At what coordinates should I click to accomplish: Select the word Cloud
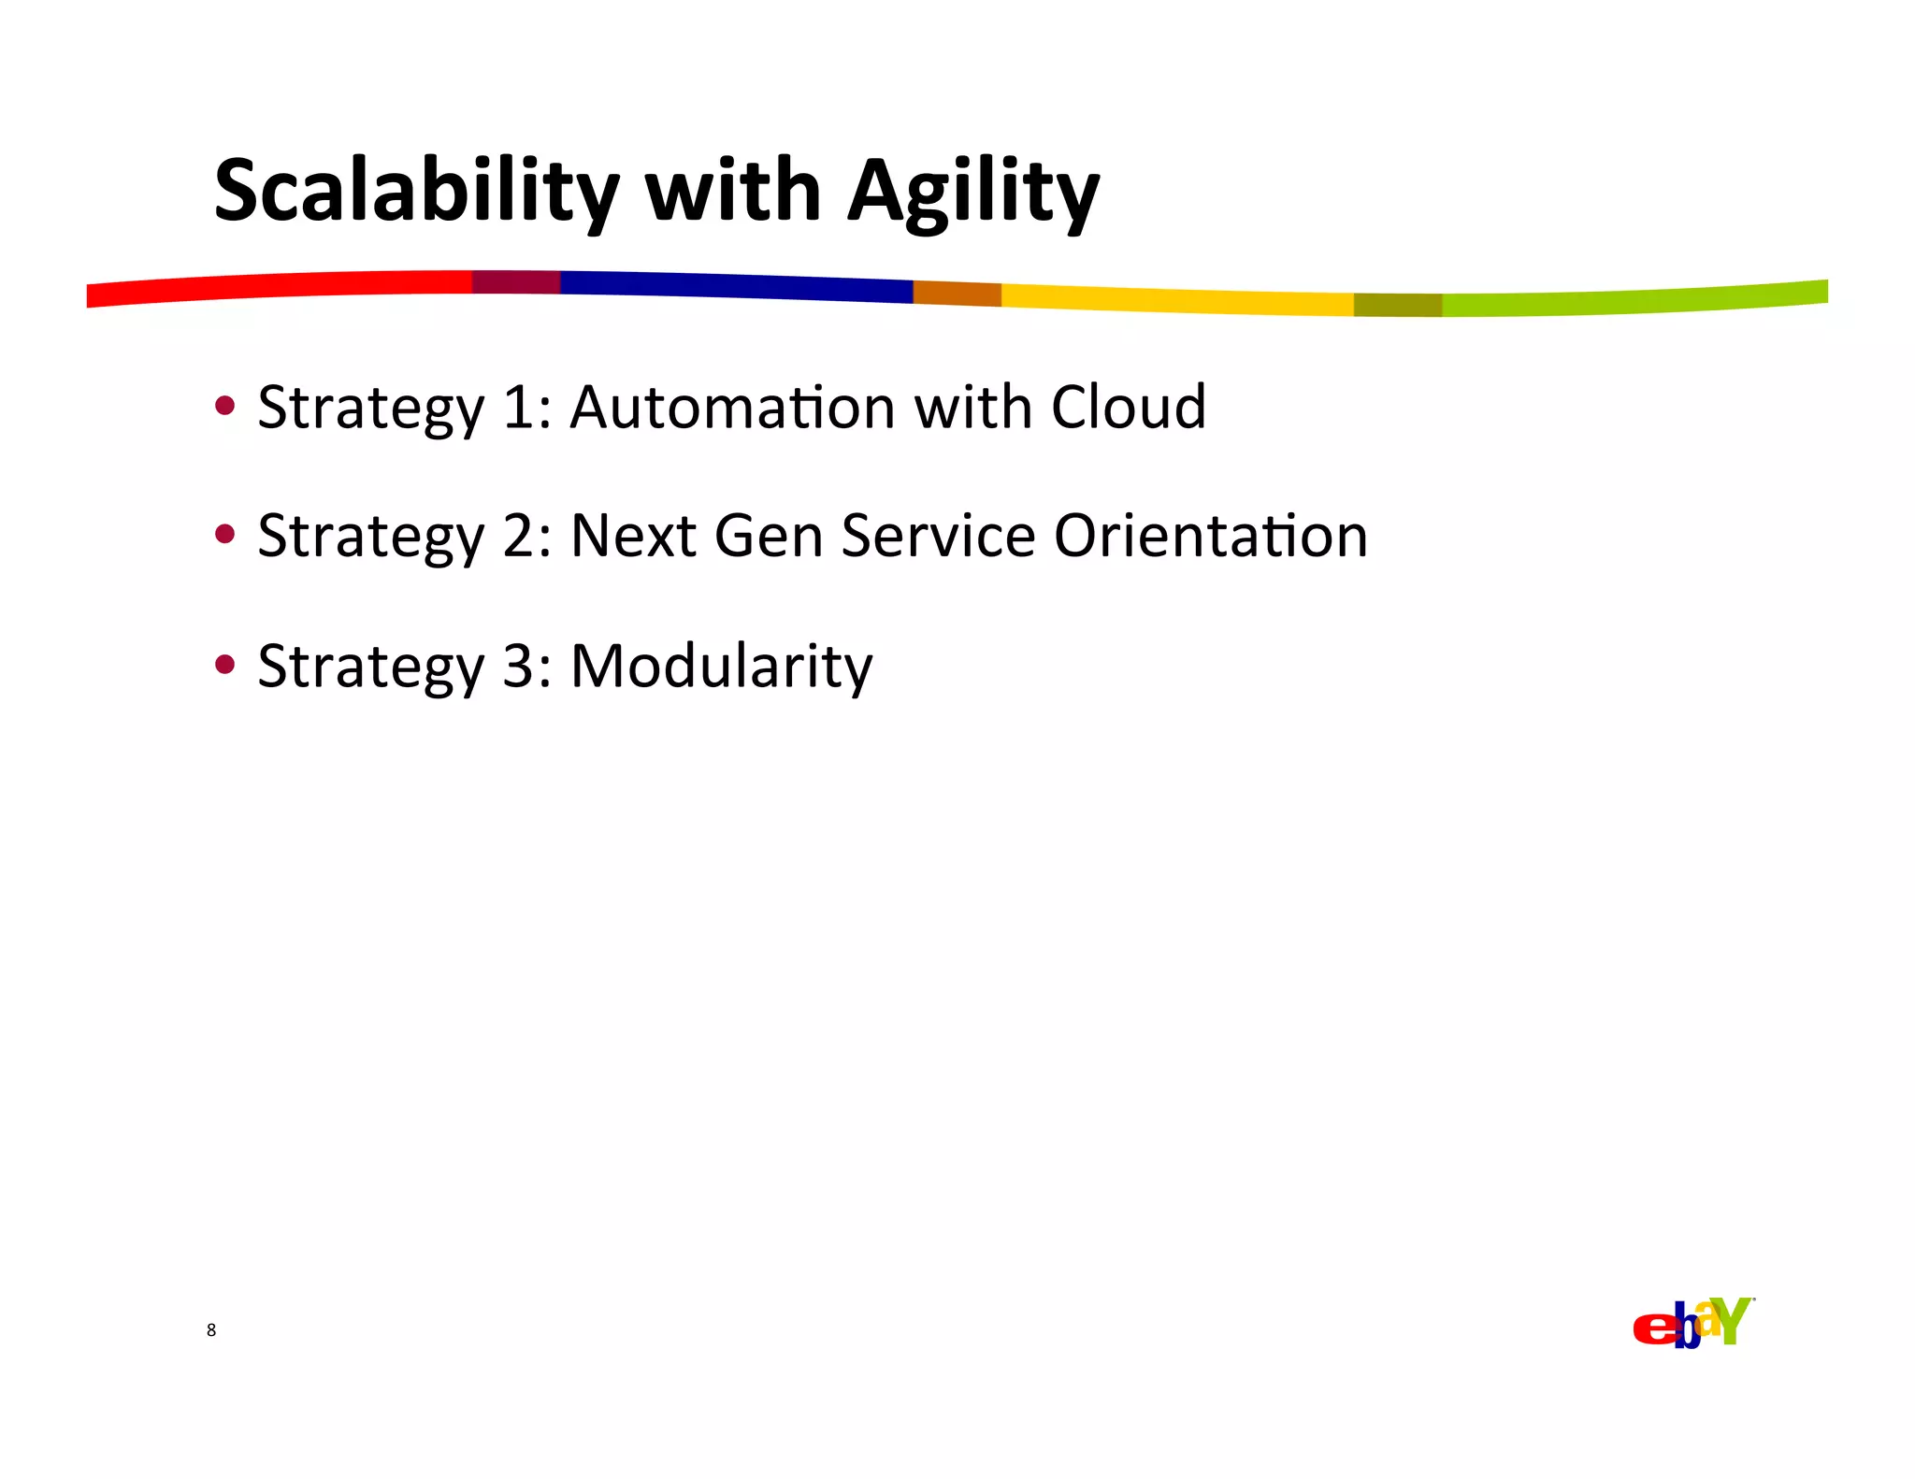(x=1128, y=408)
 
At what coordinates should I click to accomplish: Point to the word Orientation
(x=1210, y=537)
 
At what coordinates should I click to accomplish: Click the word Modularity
(x=721, y=667)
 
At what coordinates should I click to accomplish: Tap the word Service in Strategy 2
(x=938, y=537)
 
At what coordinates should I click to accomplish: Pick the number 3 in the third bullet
(x=518, y=667)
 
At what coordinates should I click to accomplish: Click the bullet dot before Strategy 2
(x=224, y=534)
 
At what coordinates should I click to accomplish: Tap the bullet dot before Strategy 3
(x=224, y=664)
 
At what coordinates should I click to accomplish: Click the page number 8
(x=211, y=1329)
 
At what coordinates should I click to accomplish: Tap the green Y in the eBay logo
(x=1735, y=1320)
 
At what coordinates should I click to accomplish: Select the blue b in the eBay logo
(x=1686, y=1328)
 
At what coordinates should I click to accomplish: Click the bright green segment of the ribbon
(x=1636, y=300)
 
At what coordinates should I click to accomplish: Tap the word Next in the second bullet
(x=633, y=537)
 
